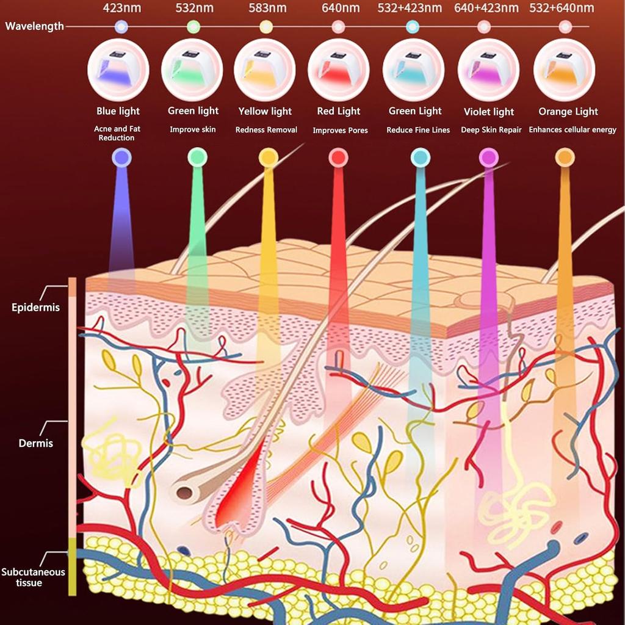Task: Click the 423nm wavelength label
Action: click(121, 9)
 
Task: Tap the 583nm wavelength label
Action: click(267, 9)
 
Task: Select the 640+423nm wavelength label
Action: click(486, 9)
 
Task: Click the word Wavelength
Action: click(34, 27)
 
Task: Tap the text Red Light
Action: click(339, 111)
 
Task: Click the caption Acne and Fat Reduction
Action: click(117, 133)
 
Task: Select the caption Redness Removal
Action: click(266, 129)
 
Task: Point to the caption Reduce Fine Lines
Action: click(418, 130)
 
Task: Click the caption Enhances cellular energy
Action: click(572, 129)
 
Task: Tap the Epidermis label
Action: click(35, 307)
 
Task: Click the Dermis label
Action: click(35, 443)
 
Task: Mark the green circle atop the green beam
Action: click(197, 157)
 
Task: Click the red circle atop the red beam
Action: click(338, 157)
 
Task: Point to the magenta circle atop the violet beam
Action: click(488, 157)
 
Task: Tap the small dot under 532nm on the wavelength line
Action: click(193, 26)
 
